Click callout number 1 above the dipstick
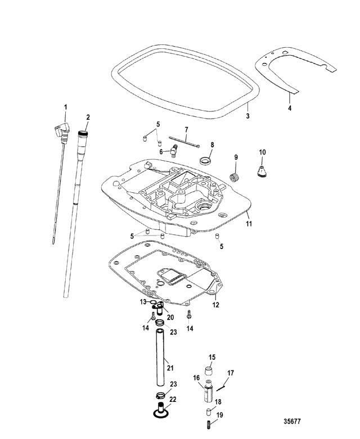(65, 107)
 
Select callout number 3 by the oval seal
(247, 116)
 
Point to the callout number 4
(290, 107)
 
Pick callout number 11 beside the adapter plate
(249, 223)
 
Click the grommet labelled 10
(262, 171)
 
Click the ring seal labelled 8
(206, 161)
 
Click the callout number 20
(170, 318)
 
